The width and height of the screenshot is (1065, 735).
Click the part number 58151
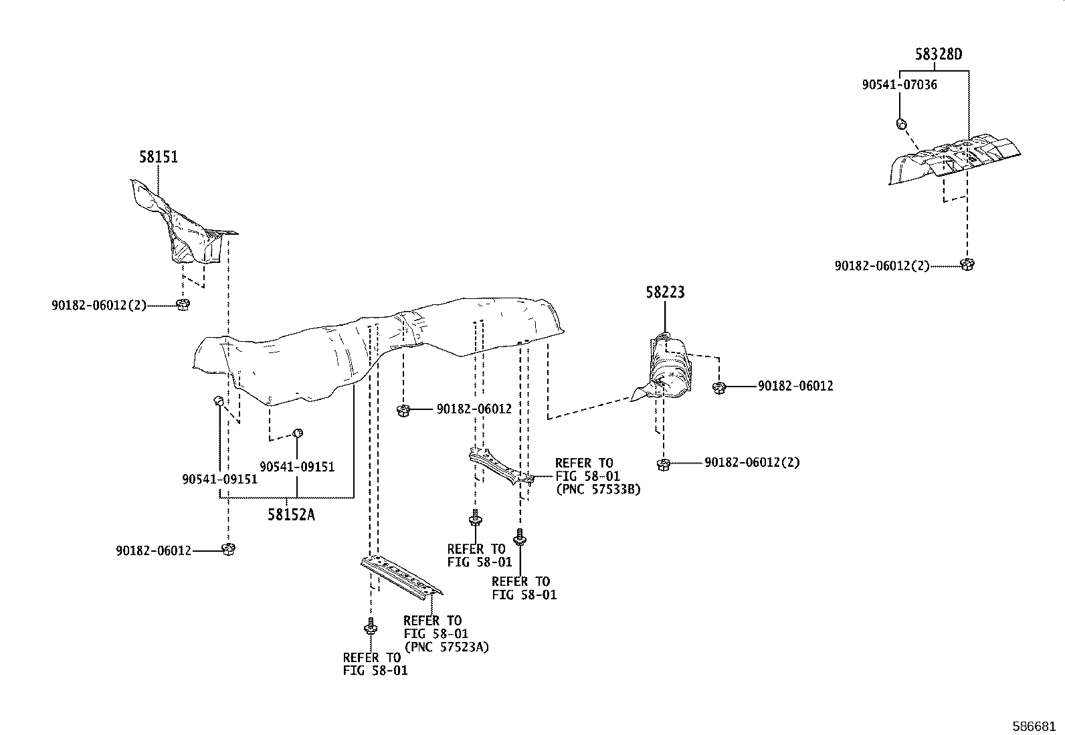pyautogui.click(x=159, y=157)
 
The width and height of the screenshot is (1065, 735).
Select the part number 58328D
pyautogui.click(x=939, y=55)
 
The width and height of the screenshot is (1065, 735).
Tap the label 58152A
pyautogui.click(x=291, y=514)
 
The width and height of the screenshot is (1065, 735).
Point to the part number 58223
pyautogui.click(x=665, y=292)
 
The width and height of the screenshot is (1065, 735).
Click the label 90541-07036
pyautogui.click(x=899, y=85)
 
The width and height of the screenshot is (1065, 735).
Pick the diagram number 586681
pyautogui.click(x=1034, y=726)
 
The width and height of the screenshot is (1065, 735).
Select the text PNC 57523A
pyautogui.click(x=446, y=647)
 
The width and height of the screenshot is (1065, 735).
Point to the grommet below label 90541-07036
pyautogui.click(x=901, y=123)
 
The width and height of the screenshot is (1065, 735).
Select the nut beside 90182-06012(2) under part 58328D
pyautogui.click(x=965, y=264)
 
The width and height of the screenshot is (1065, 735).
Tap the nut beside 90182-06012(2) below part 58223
pyautogui.click(x=663, y=463)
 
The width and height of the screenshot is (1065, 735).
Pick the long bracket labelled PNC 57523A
pyautogui.click(x=401, y=575)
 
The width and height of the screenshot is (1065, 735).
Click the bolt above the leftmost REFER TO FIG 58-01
pyautogui.click(x=369, y=628)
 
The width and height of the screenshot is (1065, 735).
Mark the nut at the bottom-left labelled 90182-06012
pyautogui.click(x=228, y=549)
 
